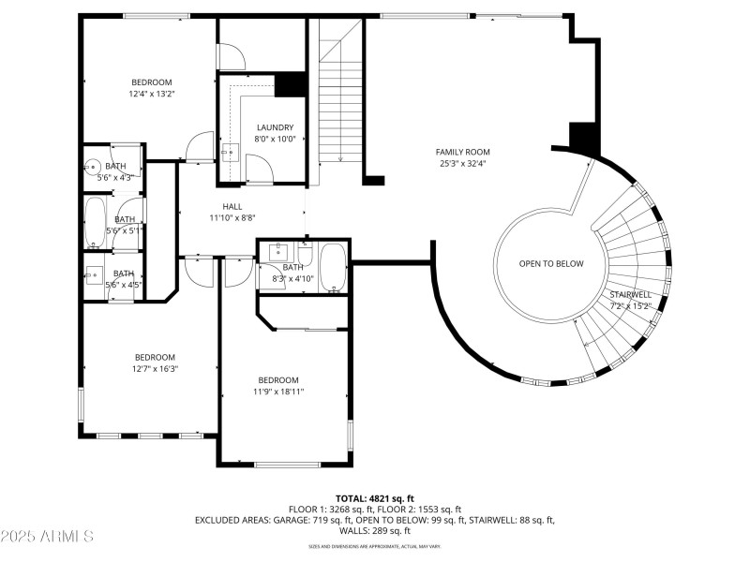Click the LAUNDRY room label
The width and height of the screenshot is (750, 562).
[275, 127]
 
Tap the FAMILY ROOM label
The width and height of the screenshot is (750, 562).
[462, 152]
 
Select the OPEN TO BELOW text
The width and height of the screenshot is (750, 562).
[551, 263]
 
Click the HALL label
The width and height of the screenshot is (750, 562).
[232, 206]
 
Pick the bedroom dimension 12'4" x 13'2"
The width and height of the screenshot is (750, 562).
[152, 94]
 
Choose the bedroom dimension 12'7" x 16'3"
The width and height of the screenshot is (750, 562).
[155, 369]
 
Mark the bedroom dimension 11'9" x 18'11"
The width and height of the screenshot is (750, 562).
[278, 392]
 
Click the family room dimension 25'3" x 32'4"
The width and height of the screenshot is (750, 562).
[462, 164]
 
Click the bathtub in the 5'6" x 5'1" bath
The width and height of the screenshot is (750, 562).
[95, 222]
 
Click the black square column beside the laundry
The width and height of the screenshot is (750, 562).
[292, 84]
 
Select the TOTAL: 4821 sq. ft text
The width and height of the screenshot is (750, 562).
[375, 498]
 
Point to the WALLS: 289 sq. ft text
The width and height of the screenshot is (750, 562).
[375, 530]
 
